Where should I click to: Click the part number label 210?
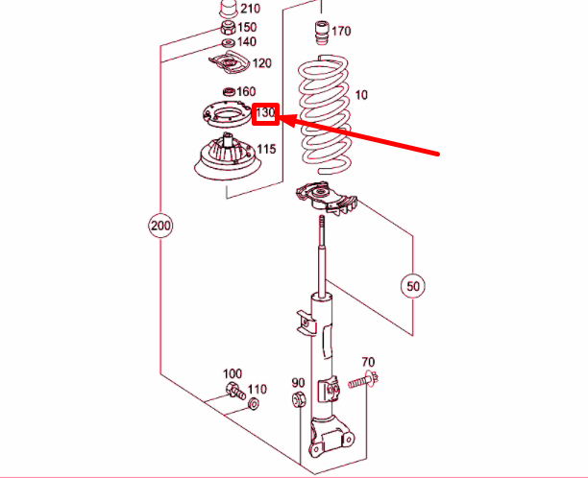coord(250,9)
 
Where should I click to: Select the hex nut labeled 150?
coord(228,28)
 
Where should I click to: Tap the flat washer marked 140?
coord(228,42)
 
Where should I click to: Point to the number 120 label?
coord(261,63)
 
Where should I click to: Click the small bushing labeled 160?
coord(229,91)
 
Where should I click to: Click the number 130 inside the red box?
coord(265,112)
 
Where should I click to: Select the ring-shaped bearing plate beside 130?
coord(227,114)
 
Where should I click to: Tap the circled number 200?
coord(160,226)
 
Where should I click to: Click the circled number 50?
coord(413,286)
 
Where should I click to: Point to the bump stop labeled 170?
coord(322,33)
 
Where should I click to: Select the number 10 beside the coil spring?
coord(360,95)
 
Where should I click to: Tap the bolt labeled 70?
coord(363,381)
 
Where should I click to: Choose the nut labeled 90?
coord(299,399)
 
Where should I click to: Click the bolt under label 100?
coord(236,391)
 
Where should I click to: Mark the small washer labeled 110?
coord(253,403)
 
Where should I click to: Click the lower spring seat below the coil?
coord(326,198)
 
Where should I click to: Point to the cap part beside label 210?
coord(228,9)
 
